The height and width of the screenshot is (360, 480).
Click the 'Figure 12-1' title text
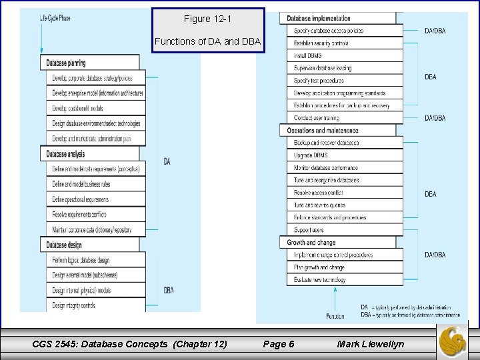click(x=208, y=19)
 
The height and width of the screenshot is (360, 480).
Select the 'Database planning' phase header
click(x=67, y=63)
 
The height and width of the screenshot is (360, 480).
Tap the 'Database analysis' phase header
click(x=66, y=154)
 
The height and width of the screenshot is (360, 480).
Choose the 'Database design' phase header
click(x=65, y=245)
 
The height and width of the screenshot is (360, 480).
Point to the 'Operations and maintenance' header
click(x=323, y=131)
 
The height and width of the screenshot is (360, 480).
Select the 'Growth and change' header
click(x=311, y=243)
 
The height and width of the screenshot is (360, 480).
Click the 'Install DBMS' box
click(x=309, y=56)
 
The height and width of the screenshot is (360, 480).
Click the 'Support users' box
click(x=309, y=230)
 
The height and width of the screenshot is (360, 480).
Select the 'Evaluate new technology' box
click(x=319, y=280)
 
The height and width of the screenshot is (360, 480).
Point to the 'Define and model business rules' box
click(x=81, y=185)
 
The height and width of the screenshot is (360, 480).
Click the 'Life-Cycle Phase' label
click(x=55, y=18)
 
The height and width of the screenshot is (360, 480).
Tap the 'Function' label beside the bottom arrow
click(x=335, y=315)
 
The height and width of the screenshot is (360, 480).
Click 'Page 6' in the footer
click(x=279, y=344)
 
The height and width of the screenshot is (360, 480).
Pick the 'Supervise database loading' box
click(x=323, y=68)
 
